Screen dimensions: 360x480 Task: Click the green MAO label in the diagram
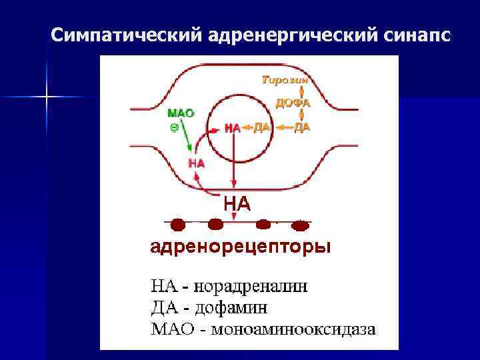coord(180,113)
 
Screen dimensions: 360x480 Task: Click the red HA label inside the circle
coord(233,128)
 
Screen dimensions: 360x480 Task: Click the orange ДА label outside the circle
coord(302,127)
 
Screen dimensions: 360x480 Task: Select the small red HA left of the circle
coord(197,162)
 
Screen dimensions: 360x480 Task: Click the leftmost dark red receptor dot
coord(179,225)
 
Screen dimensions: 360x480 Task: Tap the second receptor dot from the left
coord(215,225)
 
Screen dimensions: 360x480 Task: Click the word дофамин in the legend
coord(235,308)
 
